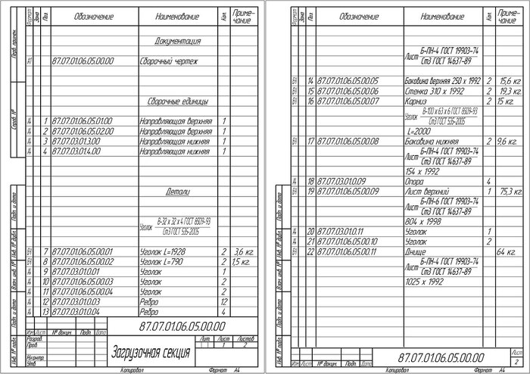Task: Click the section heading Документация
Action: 177,41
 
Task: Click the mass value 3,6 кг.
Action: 242,251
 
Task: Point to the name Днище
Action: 416,251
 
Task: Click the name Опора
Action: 416,181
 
